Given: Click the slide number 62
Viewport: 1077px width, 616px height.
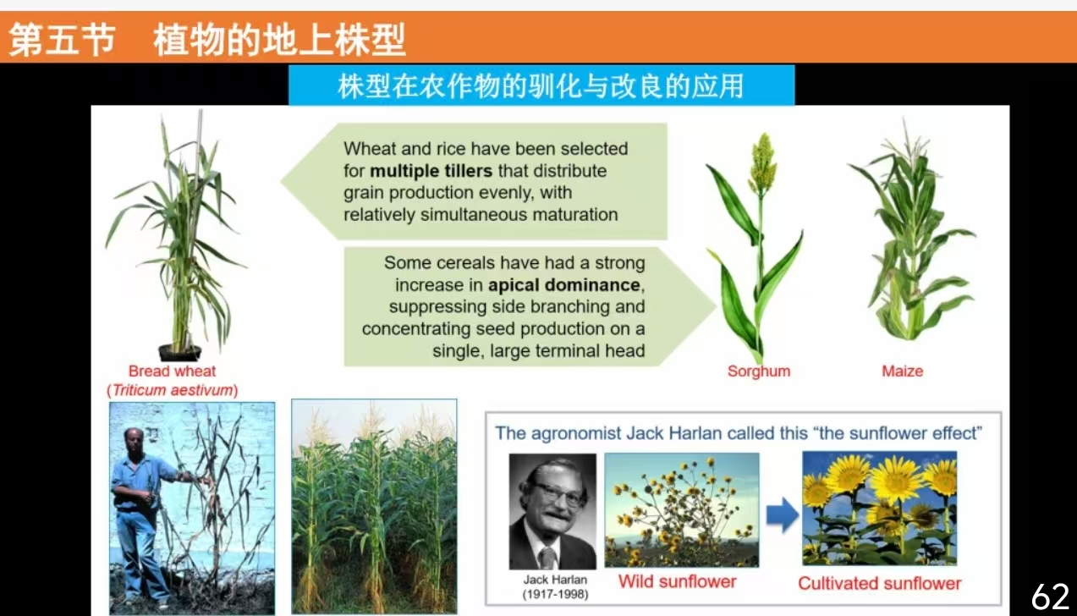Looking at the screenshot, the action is (1050, 597).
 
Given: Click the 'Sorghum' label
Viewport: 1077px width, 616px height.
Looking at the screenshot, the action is (759, 371).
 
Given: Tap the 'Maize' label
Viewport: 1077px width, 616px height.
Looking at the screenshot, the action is (902, 371).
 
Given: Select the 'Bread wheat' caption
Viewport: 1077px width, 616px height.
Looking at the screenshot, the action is (172, 371).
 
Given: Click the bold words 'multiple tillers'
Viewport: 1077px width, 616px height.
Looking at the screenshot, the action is (431, 171).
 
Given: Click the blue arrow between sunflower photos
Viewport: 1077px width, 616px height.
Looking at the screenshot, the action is (782, 514).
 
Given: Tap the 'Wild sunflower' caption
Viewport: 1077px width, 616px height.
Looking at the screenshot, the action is (677, 581).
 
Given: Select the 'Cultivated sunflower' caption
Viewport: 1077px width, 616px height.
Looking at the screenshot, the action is (879, 583).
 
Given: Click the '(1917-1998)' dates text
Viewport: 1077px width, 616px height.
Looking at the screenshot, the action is (555, 594).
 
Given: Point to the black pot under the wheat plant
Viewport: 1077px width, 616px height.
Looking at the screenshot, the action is (179, 353).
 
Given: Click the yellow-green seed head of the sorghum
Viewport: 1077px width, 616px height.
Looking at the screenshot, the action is (762, 163).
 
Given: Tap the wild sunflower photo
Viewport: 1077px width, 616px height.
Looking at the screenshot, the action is (681, 509).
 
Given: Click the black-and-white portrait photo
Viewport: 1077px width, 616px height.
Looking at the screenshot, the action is (552, 511).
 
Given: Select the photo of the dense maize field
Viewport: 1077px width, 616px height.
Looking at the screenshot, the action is (374, 506).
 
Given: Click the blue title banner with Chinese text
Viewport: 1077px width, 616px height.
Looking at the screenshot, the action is (541, 85).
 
